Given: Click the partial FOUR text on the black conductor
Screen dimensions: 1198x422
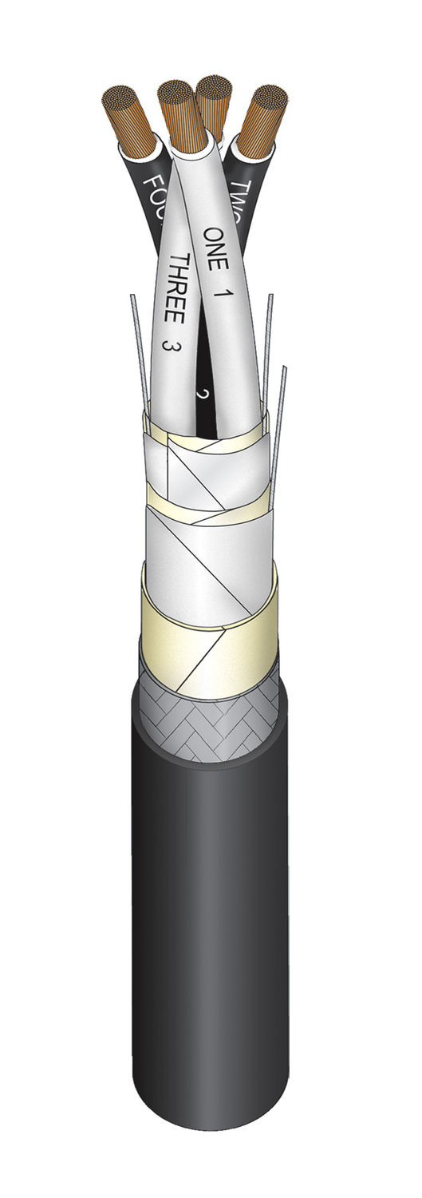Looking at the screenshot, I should point(151,196).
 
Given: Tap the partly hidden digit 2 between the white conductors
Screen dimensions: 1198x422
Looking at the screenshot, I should point(201,395).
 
